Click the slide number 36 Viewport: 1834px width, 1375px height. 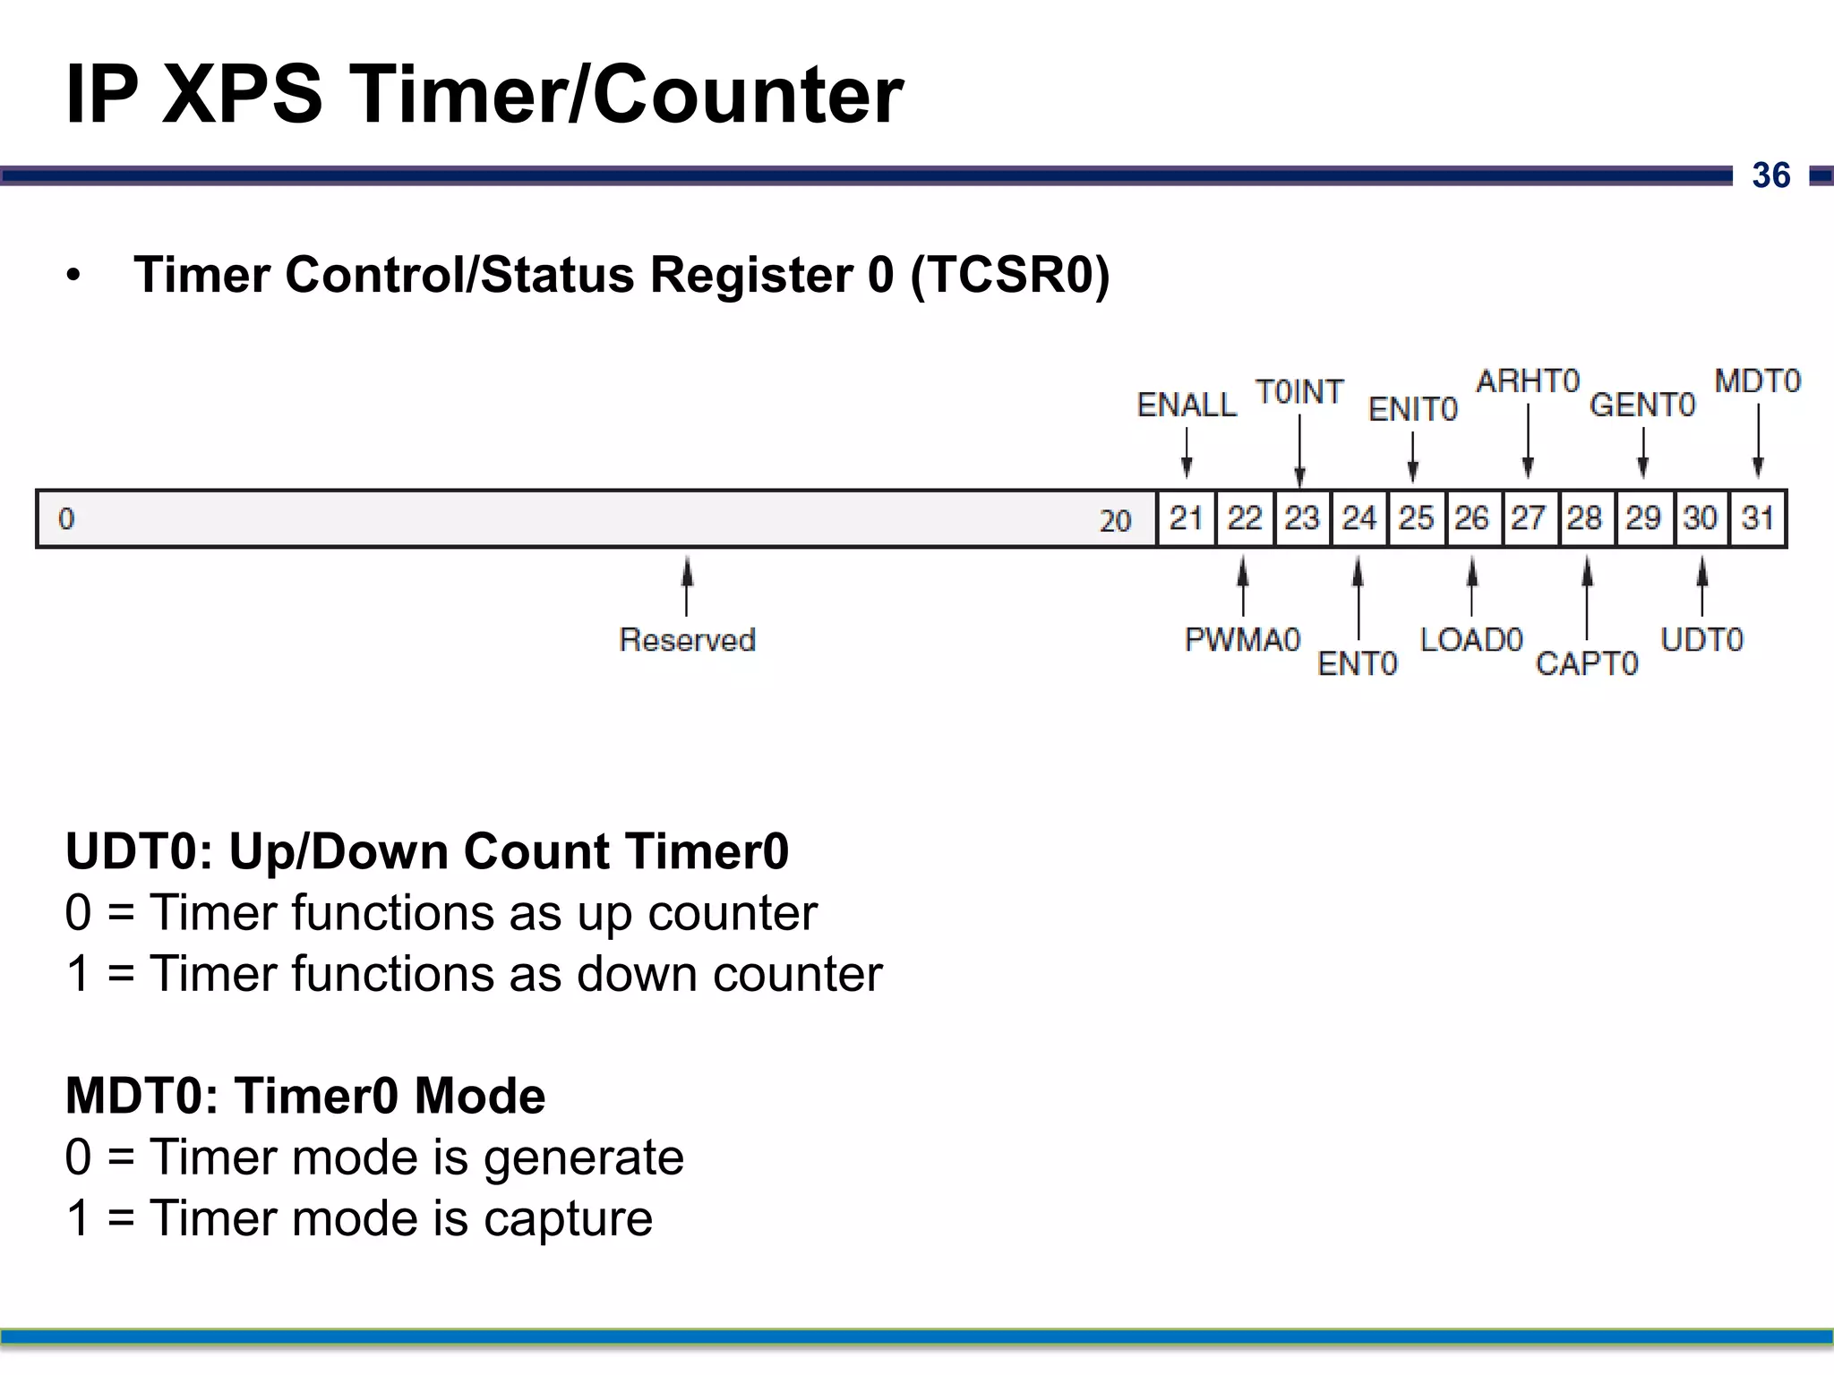tap(1770, 175)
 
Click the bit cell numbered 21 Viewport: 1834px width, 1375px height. tap(1186, 518)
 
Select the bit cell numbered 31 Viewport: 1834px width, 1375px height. tap(1758, 518)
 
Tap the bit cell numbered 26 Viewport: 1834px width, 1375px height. tap(1471, 518)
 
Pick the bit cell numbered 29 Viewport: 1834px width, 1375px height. tap(1643, 518)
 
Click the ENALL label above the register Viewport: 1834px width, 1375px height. tap(1187, 406)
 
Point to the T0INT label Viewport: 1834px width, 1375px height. tap(1299, 392)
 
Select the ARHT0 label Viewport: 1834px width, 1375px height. tap(1528, 381)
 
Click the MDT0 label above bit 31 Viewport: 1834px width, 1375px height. tap(1757, 381)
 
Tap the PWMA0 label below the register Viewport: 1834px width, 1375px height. tap(1242, 640)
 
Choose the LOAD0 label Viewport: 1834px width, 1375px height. tap(1471, 640)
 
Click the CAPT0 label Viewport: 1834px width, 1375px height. tap(1587, 663)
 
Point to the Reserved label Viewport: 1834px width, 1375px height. tap(687, 640)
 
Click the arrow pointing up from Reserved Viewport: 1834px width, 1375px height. tap(687, 585)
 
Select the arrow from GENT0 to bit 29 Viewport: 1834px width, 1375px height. tap(1643, 452)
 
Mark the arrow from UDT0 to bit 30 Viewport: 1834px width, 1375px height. tap(1702, 585)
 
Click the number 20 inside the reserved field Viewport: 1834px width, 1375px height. tap(1115, 521)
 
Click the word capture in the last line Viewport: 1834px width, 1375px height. tap(568, 1219)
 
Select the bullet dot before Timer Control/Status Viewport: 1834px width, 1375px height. tap(73, 276)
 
